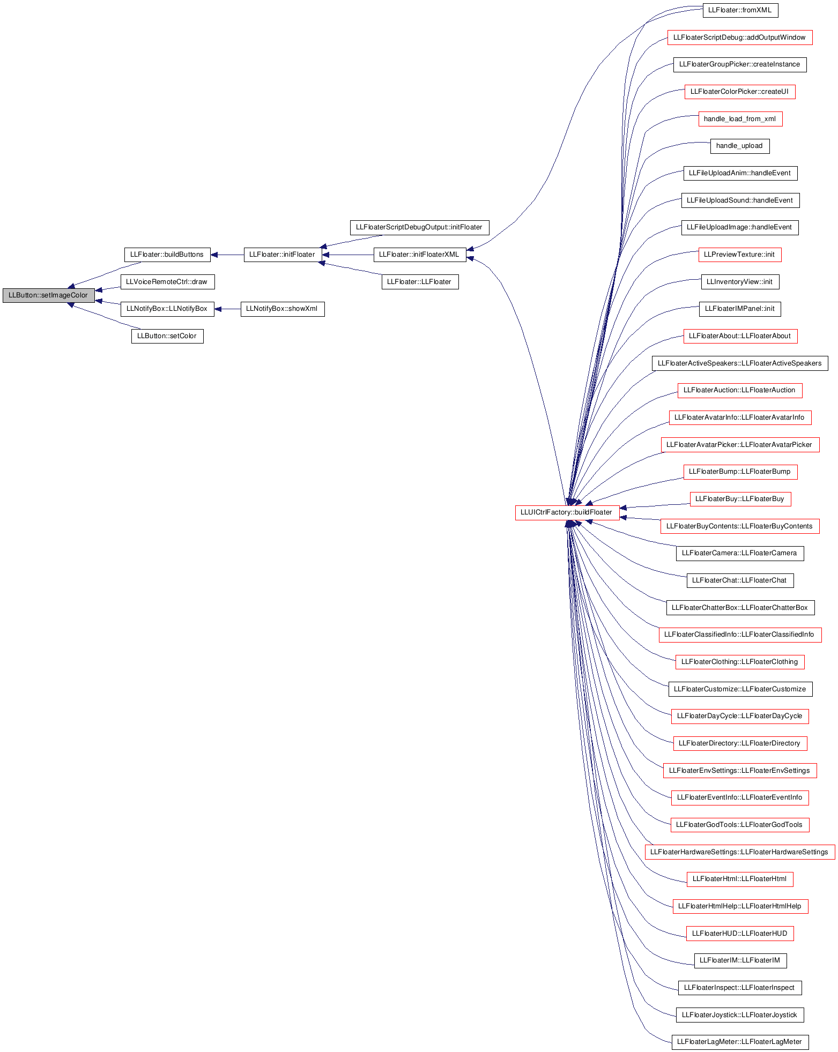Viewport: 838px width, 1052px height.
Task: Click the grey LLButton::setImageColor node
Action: point(48,295)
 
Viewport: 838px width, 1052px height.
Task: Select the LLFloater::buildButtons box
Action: point(167,255)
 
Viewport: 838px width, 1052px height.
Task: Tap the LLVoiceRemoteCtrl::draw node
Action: point(167,282)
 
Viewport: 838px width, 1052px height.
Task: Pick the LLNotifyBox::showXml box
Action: point(283,309)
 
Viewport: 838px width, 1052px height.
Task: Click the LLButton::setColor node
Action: point(167,336)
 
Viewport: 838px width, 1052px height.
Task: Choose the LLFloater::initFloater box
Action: point(283,255)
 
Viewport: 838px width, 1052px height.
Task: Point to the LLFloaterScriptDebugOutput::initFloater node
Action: point(419,227)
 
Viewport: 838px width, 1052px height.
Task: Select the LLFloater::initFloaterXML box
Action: point(420,255)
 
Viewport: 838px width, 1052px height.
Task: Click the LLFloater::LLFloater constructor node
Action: point(420,282)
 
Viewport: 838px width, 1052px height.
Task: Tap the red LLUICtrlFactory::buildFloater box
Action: point(567,513)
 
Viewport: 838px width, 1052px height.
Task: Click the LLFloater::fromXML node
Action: point(740,10)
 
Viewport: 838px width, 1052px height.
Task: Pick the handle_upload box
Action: point(740,146)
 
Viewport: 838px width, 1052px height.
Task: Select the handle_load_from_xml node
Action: point(740,119)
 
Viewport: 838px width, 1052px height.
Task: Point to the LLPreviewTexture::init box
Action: point(740,255)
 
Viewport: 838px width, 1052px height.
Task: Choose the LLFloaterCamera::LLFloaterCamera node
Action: point(740,553)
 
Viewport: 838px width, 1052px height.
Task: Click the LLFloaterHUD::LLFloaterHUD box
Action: point(740,934)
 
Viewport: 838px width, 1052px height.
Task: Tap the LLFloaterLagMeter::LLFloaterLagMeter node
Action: point(740,1042)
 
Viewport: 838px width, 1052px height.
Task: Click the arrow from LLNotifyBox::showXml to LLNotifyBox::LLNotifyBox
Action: point(227,309)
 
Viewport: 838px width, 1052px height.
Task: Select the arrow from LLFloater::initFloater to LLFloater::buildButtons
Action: point(227,255)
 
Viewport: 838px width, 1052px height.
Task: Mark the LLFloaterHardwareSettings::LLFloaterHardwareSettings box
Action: point(740,852)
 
